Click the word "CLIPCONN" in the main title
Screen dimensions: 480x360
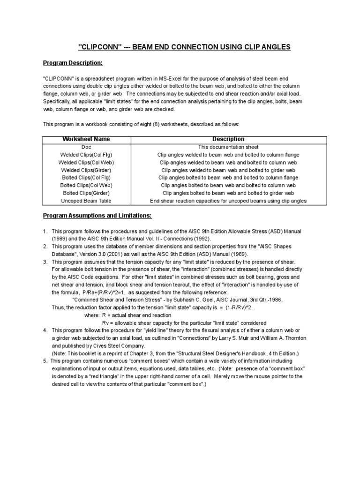pyautogui.click(x=100, y=47)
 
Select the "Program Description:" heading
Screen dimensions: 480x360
pyautogui.click(x=73, y=63)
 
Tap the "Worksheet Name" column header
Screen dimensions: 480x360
pyautogui.click(x=86, y=139)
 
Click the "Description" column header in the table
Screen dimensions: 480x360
pyautogui.click(x=228, y=139)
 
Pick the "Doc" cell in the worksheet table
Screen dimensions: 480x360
pyautogui.click(x=86, y=147)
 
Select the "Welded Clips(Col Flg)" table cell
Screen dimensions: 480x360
pyautogui.click(x=86, y=155)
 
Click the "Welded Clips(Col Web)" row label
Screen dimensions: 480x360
pyautogui.click(x=86, y=162)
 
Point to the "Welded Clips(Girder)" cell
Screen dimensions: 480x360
pyautogui.click(x=86, y=170)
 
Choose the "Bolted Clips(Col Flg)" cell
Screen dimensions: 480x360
pyautogui.click(x=86, y=178)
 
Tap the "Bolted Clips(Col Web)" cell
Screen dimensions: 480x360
pyautogui.click(x=86, y=186)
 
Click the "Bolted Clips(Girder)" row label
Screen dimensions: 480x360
pyautogui.click(x=86, y=193)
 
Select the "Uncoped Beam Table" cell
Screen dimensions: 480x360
pyautogui.click(x=86, y=201)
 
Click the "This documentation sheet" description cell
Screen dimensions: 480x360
pyautogui.click(x=228, y=147)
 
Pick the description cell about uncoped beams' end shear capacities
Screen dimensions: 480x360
pyautogui.click(x=228, y=201)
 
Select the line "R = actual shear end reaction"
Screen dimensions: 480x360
pyautogui.click(x=137, y=315)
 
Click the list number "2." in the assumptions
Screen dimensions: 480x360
pyautogui.click(x=45, y=247)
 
